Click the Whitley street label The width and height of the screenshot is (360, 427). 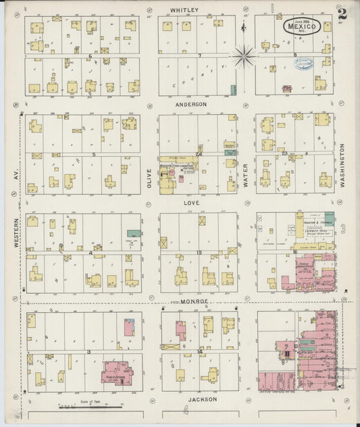click(x=184, y=10)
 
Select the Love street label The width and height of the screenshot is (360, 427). click(x=188, y=202)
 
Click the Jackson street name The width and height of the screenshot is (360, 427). click(x=203, y=399)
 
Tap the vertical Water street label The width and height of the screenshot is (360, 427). click(x=245, y=174)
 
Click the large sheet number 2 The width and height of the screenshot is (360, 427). click(x=344, y=12)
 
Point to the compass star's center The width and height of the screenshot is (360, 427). click(x=244, y=55)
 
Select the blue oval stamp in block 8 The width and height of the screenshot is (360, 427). click(x=302, y=64)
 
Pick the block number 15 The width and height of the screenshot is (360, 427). click(x=199, y=253)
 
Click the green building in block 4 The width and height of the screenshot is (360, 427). click(x=134, y=238)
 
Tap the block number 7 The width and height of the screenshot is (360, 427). click(x=199, y=56)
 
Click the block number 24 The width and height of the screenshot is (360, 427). click(x=199, y=155)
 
